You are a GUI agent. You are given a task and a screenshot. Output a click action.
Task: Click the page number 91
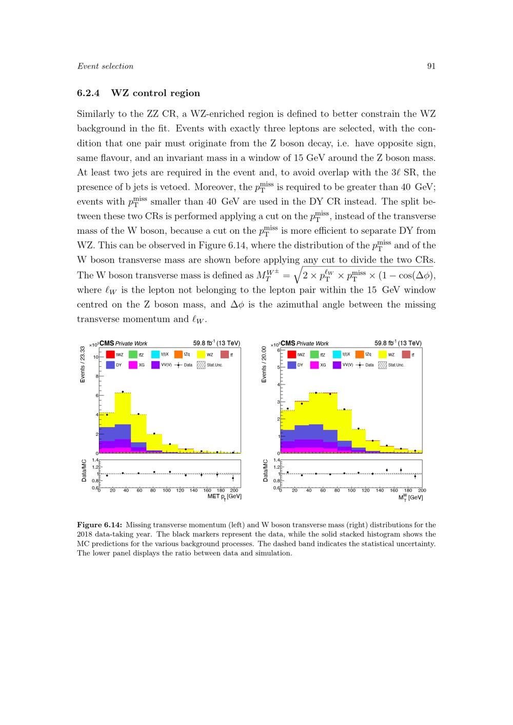click(431, 66)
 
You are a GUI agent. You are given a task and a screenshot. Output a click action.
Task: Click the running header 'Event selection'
click(105, 66)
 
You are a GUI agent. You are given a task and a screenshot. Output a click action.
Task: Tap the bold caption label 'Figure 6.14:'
click(100, 525)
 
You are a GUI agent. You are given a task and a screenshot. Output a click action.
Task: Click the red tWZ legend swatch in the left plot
click(110, 354)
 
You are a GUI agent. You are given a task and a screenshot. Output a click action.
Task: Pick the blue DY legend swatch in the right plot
click(292, 365)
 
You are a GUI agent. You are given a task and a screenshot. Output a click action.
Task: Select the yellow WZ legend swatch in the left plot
click(201, 354)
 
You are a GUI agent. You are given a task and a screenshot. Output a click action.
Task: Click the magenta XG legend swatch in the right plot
click(314, 365)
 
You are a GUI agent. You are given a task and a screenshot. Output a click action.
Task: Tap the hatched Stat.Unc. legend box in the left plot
click(201, 365)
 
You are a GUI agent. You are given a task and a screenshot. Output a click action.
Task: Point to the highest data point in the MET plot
click(123, 392)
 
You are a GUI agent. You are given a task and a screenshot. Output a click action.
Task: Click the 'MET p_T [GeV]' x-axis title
click(224, 497)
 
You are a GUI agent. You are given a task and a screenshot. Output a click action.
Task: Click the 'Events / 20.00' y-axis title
click(264, 364)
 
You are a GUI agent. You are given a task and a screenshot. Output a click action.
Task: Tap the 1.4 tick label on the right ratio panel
click(277, 460)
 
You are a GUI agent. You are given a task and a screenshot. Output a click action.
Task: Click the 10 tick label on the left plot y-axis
click(94, 356)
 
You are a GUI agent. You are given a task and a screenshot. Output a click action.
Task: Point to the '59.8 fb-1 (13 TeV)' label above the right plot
click(398, 343)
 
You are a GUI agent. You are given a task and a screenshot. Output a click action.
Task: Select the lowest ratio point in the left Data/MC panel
click(233, 478)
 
